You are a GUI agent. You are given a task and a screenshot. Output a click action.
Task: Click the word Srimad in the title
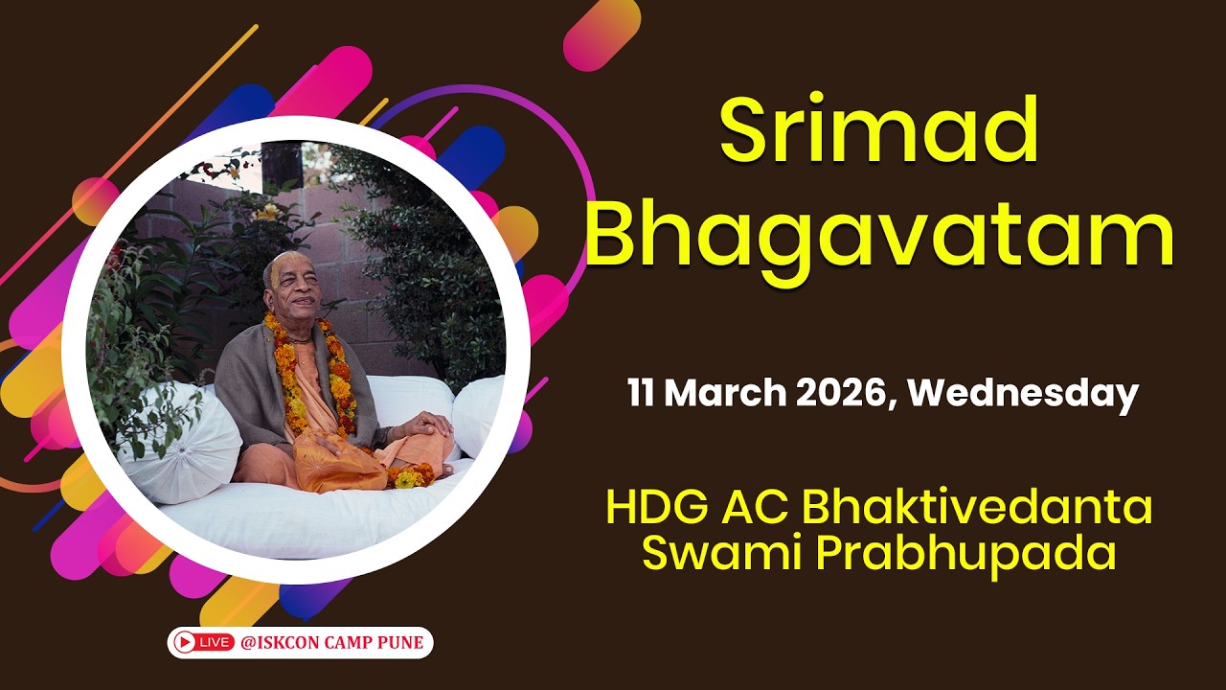click(x=879, y=132)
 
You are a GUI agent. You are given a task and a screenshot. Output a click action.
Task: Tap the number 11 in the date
click(x=642, y=394)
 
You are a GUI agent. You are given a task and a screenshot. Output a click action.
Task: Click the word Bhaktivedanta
click(x=977, y=509)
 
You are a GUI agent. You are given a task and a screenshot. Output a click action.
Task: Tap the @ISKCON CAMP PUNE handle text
click(x=331, y=642)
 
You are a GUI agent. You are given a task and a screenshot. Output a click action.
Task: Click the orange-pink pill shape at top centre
click(x=602, y=34)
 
